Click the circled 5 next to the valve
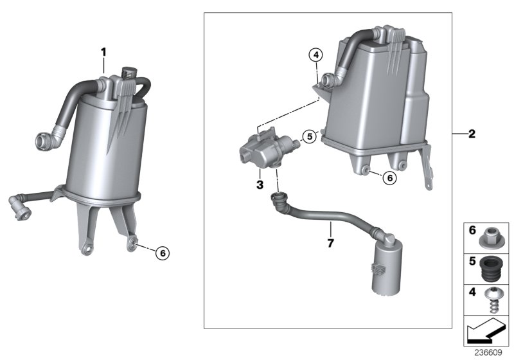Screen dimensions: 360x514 [309, 136]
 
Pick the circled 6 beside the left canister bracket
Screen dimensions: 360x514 [163, 253]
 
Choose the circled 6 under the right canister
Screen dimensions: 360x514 [389, 177]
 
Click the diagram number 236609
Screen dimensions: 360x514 [490, 353]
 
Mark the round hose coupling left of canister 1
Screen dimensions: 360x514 [46, 139]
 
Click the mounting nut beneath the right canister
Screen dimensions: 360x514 [366, 171]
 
